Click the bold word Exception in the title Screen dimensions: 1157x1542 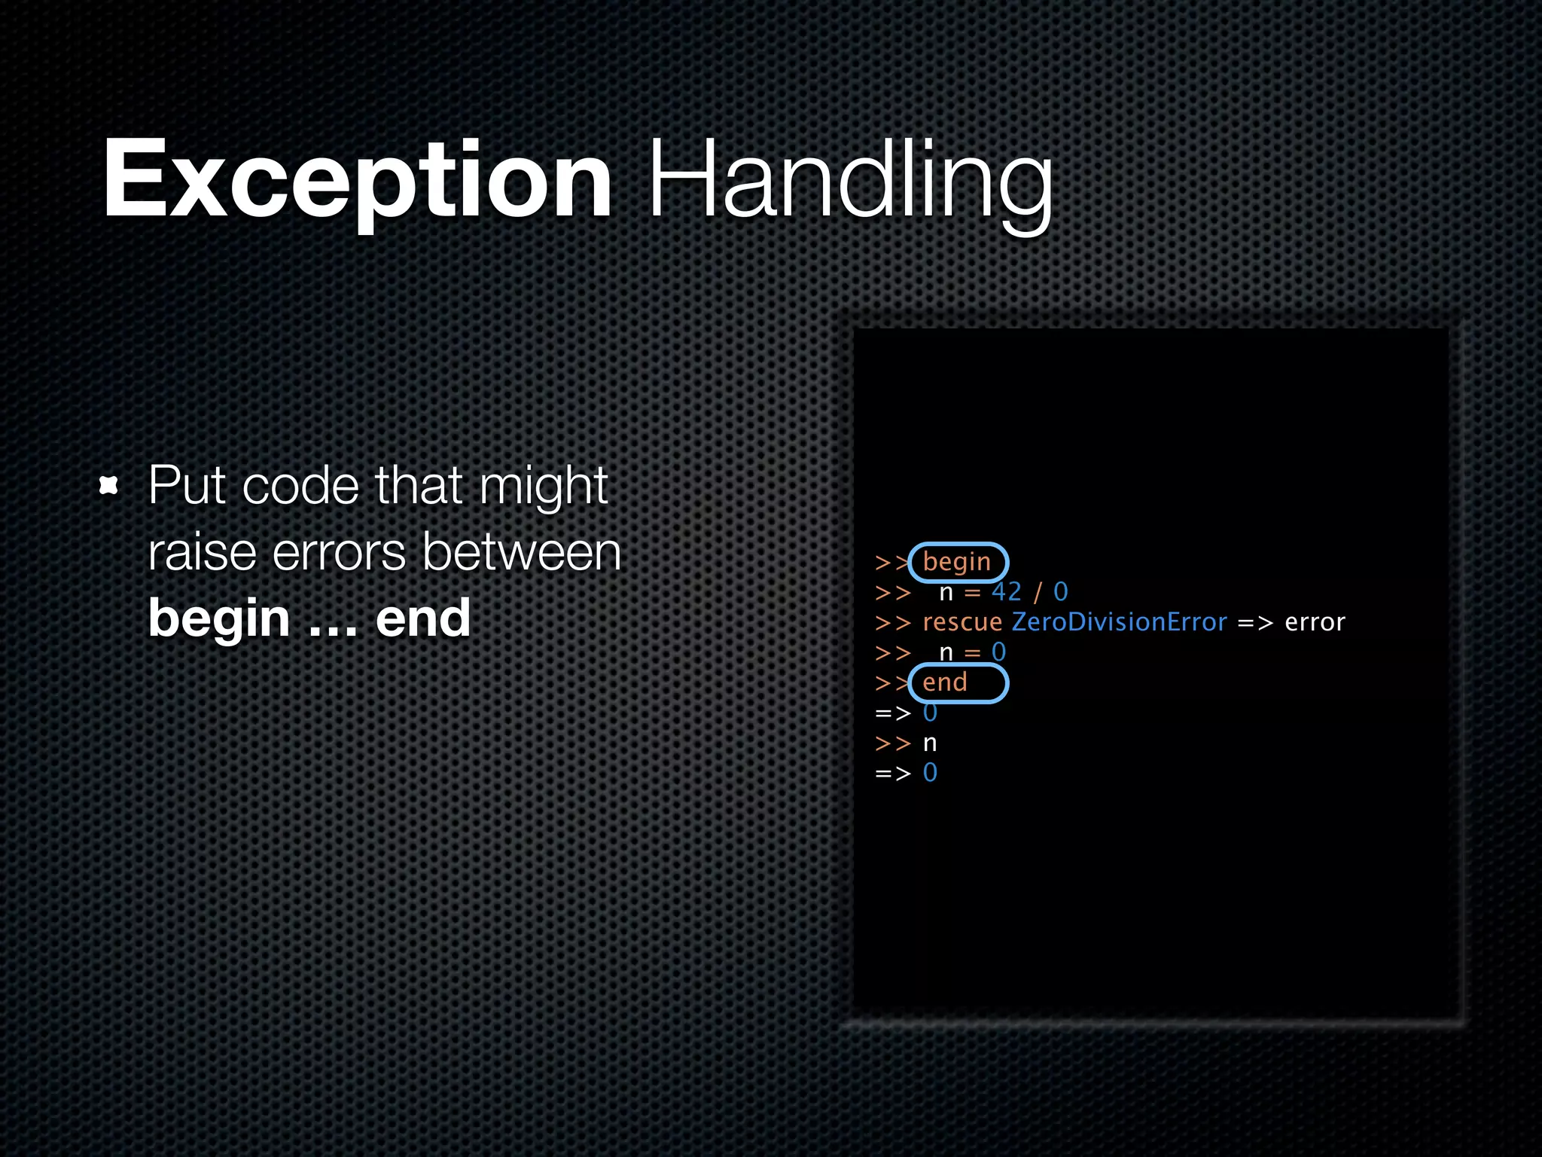click(x=358, y=181)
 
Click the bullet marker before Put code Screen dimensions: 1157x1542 click(x=109, y=486)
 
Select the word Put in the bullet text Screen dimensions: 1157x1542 click(x=187, y=486)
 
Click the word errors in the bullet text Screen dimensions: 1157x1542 click(x=339, y=553)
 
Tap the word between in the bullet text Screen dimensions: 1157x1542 click(x=522, y=553)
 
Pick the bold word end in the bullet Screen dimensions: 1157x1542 click(x=423, y=618)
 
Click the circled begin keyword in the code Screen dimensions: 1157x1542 click(x=957, y=563)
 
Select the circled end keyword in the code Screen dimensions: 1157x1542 click(x=945, y=682)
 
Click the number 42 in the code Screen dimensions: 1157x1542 click(x=1007, y=592)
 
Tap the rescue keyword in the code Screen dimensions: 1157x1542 click(x=962, y=623)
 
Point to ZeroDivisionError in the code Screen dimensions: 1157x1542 click(x=1120, y=622)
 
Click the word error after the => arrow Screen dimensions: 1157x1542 click(x=1315, y=623)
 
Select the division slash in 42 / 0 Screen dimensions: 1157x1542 click(x=1038, y=593)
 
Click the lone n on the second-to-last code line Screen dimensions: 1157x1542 click(x=931, y=743)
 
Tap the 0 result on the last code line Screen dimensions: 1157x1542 click(x=931, y=773)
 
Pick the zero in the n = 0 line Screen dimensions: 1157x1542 click(x=999, y=652)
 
